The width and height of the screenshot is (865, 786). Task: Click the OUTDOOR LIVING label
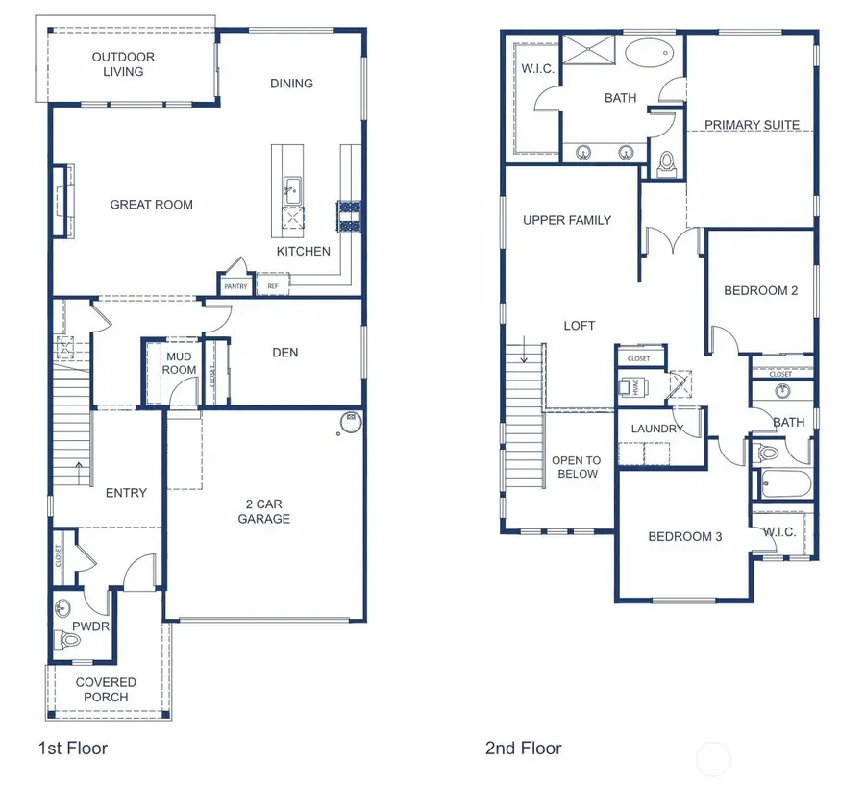[x=123, y=64]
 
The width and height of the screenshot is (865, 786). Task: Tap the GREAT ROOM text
[x=151, y=205]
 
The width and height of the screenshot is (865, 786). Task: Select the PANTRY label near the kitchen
[x=235, y=286]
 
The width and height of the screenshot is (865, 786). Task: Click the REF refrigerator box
[x=272, y=286]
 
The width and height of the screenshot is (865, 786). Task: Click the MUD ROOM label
[x=179, y=363]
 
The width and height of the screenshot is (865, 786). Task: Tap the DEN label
[x=284, y=353]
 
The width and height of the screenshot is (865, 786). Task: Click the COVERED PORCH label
[x=106, y=690]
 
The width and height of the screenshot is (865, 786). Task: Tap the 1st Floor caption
[x=73, y=748]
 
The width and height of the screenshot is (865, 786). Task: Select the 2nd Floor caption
[x=524, y=748]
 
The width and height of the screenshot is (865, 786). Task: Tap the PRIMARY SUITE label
[x=752, y=125]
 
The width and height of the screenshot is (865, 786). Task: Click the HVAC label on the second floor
[x=634, y=385]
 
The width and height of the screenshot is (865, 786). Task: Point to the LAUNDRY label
[x=657, y=429]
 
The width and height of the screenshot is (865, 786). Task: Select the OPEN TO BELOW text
[x=576, y=467]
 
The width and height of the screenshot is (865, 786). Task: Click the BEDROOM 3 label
[x=684, y=536]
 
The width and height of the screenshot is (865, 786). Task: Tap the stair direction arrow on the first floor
[x=79, y=472]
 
